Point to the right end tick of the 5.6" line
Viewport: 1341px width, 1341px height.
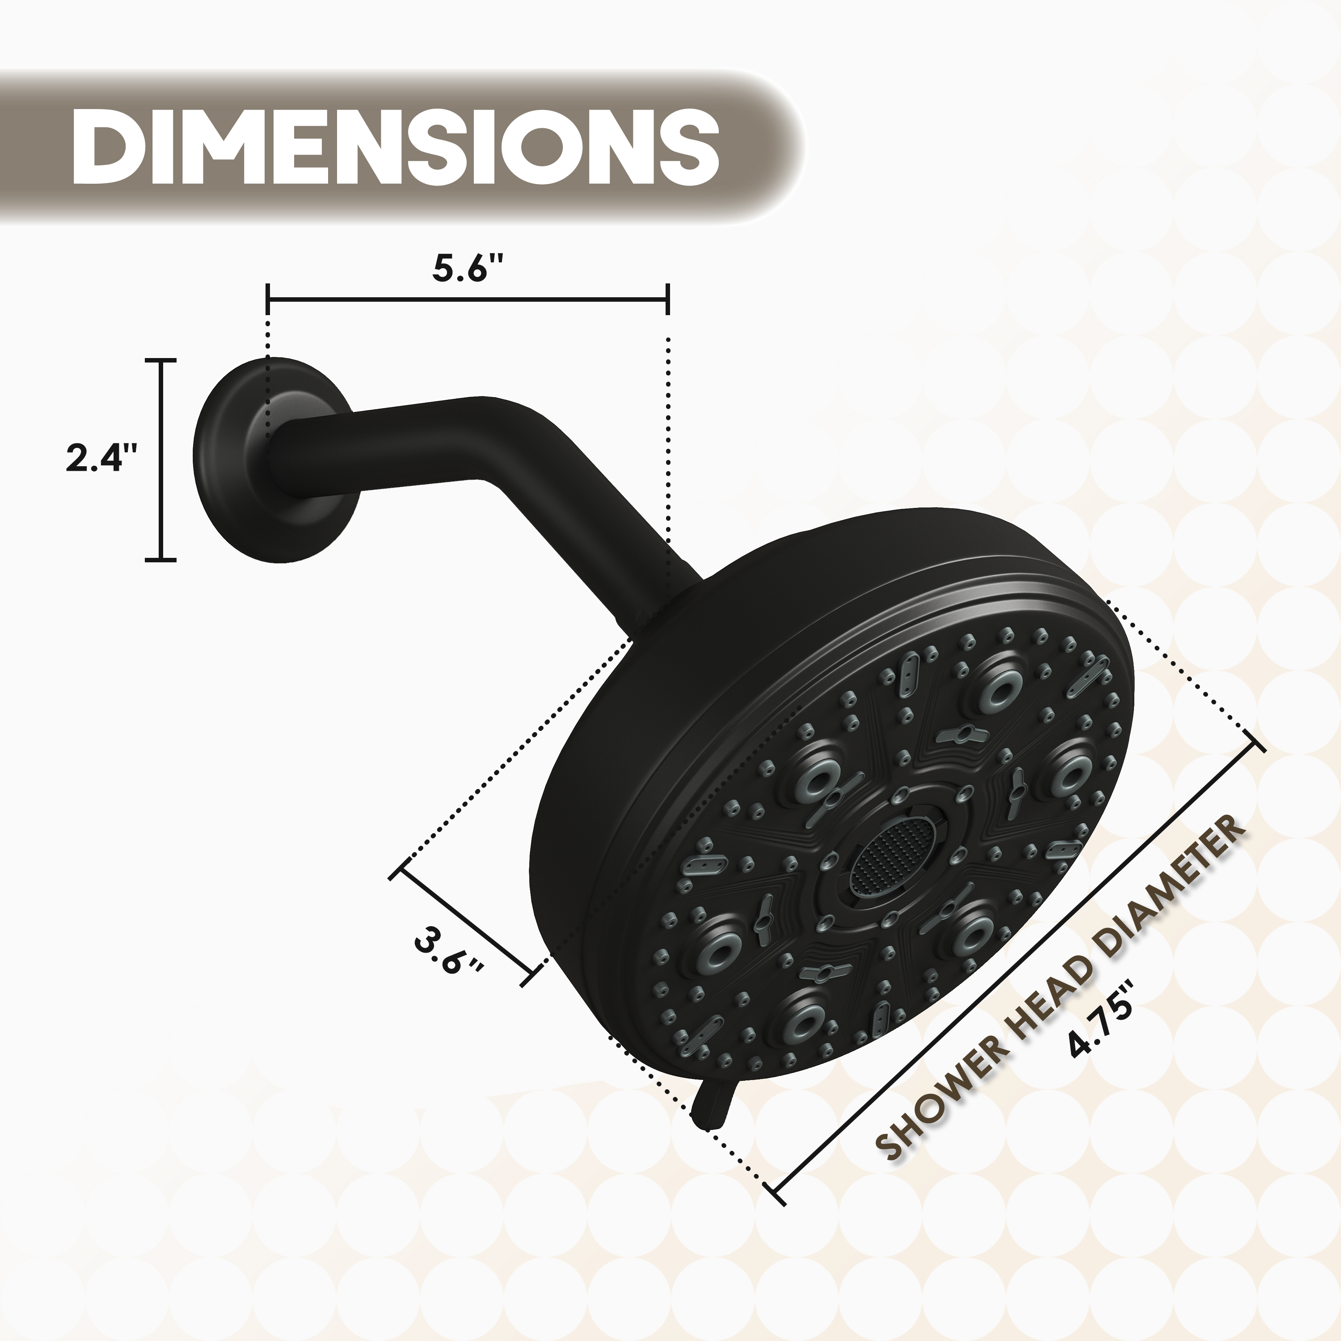tap(667, 299)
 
